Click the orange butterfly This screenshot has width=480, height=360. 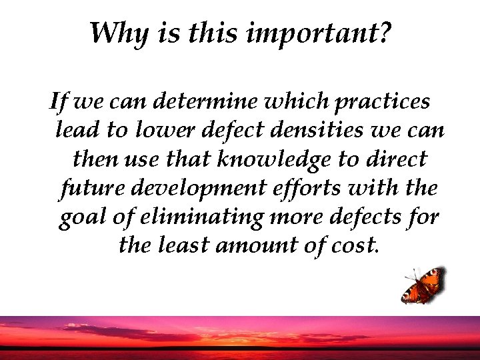(423, 285)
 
